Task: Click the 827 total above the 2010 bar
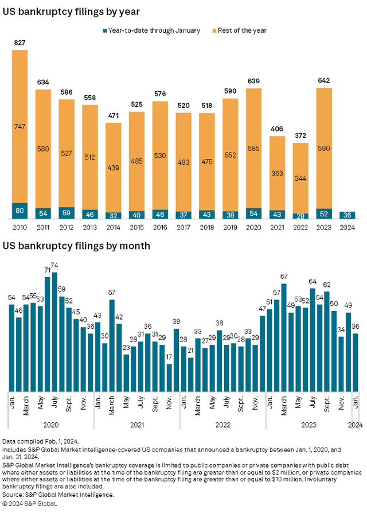tap(19, 43)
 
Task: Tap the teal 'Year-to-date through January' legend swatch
tap(105, 30)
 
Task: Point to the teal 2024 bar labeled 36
tap(347, 215)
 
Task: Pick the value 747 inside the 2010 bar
tap(19, 127)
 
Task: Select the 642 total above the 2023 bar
tap(323, 81)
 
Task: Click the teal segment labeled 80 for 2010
tap(19, 211)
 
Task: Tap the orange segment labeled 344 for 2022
tap(300, 178)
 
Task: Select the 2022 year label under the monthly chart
tap(222, 425)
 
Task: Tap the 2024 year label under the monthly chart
tap(356, 425)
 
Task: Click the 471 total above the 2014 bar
tap(113, 116)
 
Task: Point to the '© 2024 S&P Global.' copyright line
tap(37, 504)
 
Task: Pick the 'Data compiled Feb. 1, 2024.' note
tap(48, 441)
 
